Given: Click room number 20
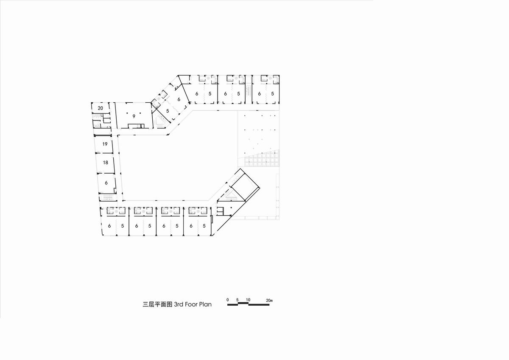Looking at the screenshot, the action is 101,108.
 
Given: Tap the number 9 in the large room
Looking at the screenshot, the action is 134,116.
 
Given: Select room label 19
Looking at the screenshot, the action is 105,144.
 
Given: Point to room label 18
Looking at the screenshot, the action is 106,163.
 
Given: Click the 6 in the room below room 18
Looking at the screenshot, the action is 106,183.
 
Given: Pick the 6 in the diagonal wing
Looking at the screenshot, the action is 179,99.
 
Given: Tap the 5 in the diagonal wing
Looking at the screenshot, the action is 168,111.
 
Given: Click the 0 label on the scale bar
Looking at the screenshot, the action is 228,300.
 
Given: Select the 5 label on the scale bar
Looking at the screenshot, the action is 237,300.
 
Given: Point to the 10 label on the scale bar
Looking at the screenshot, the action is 248,300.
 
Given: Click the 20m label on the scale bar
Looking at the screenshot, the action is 269,300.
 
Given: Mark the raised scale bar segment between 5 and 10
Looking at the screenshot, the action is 243,303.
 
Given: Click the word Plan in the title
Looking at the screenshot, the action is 205,304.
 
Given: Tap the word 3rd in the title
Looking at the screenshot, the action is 179,304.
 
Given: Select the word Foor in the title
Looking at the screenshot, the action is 191,304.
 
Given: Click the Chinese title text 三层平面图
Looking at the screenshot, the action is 157,304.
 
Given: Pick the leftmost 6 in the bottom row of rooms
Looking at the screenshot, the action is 109,226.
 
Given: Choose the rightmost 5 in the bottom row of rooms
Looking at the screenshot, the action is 204,226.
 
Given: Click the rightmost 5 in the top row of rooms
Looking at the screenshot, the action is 272,94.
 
